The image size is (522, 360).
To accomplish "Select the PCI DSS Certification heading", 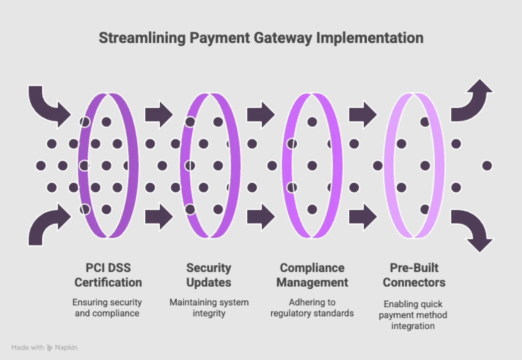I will [108, 275].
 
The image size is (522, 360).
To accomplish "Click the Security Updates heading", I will [209, 275].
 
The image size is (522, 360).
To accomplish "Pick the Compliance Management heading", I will [312, 275].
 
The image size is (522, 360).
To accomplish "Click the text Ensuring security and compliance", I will [107, 308].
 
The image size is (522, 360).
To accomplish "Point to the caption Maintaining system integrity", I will [209, 308].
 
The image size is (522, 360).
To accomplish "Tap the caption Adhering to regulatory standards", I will [312, 308].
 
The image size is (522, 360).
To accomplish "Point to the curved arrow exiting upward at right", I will [473, 102].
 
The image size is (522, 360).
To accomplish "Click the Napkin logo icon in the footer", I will [50, 348].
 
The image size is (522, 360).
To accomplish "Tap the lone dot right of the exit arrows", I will [487, 165].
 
